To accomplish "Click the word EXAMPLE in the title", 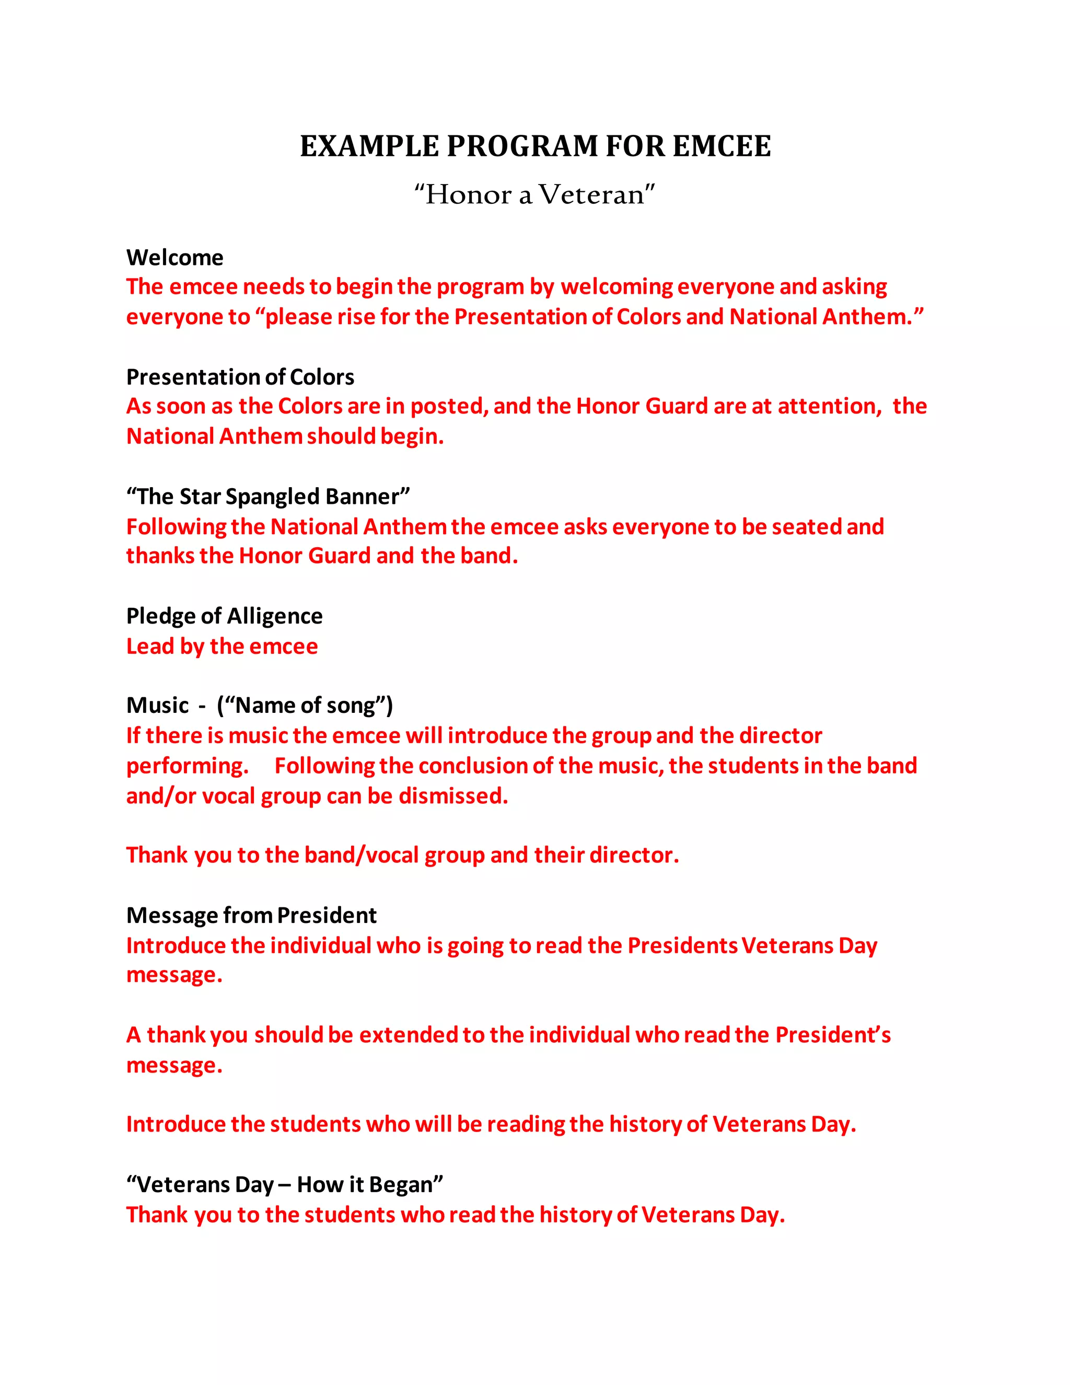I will click(369, 146).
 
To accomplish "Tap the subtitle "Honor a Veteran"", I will click(534, 195).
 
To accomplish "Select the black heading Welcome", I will click(175, 258).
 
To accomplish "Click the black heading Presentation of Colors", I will click(240, 377).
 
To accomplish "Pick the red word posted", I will click(449, 406).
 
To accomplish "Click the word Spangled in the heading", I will click(273, 497).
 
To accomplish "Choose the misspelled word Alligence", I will click(274, 616).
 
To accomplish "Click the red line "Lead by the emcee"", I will click(222, 646).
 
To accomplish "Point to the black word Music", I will click(157, 705).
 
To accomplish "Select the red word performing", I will click(187, 766).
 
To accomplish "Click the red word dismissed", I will click(453, 796).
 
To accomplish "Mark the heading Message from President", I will click(252, 915).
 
